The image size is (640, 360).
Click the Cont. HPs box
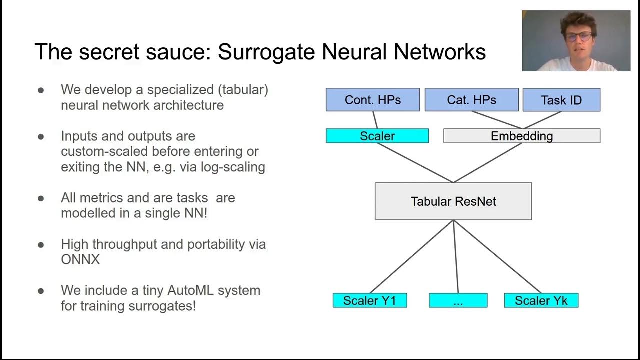372,100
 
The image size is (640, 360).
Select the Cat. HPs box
471,100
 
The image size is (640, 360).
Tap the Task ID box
561,100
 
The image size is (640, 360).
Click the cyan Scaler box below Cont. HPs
377,136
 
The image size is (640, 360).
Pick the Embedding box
521,136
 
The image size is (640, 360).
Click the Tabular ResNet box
453,201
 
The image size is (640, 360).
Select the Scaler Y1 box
369,300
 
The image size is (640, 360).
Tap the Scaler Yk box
541,300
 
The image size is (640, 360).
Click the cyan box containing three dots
458,300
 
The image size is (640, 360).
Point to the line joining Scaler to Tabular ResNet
415,162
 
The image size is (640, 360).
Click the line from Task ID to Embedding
542,120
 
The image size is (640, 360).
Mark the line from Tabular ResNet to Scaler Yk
497,256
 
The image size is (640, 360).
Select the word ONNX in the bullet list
80,260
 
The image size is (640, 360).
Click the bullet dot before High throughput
41,245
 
